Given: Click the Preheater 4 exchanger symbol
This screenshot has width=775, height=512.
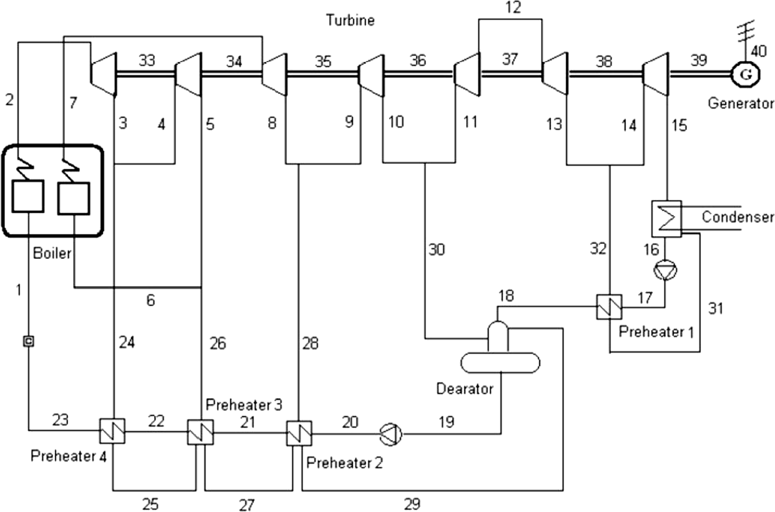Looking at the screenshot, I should pyautogui.click(x=113, y=432).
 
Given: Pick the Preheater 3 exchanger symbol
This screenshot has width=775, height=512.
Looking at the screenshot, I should pyautogui.click(x=201, y=432).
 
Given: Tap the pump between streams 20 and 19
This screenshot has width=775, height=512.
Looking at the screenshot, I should pyautogui.click(x=391, y=433).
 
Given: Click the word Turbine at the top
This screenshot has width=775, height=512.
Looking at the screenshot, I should pyautogui.click(x=350, y=20).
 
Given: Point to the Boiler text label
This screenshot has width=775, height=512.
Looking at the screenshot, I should pyautogui.click(x=52, y=253).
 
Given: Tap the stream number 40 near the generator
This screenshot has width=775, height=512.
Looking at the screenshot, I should pyautogui.click(x=758, y=51).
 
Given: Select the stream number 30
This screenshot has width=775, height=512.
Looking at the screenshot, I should pyautogui.click(x=436, y=249).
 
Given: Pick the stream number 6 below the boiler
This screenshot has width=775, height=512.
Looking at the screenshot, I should pyautogui.click(x=150, y=300).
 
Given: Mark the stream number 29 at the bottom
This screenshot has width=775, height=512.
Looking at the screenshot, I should pyautogui.click(x=412, y=503).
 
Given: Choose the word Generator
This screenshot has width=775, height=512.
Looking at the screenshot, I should pyautogui.click(x=741, y=103).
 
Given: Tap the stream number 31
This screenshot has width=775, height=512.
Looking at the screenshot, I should pyautogui.click(x=715, y=308).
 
